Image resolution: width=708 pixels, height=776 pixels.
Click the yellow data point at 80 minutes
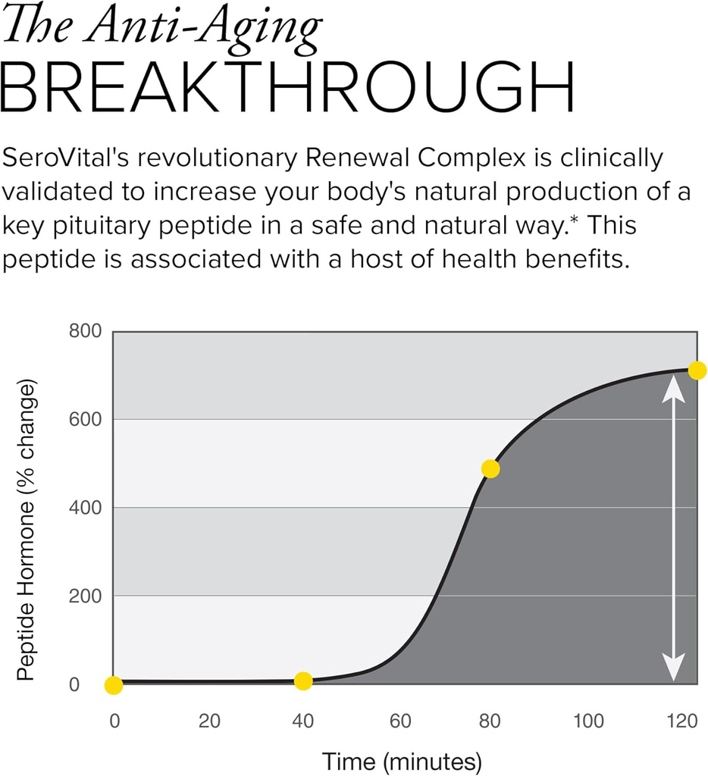pos(490,469)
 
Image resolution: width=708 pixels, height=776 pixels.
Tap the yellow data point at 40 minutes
pos(303,681)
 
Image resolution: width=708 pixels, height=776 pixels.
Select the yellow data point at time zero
pos(114,685)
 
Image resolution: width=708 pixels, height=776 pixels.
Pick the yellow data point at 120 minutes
pos(697,371)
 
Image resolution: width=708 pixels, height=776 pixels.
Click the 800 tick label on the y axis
pos(85,332)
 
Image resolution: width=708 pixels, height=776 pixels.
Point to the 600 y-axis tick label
pos(85,420)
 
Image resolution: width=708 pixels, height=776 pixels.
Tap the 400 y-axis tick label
pos(85,508)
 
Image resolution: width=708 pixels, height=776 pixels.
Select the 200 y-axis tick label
pos(85,596)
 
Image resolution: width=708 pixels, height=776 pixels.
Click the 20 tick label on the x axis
pos(209,721)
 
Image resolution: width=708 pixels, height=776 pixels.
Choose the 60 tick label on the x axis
pos(400,721)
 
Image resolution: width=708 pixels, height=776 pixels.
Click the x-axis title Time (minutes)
pos(402,760)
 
